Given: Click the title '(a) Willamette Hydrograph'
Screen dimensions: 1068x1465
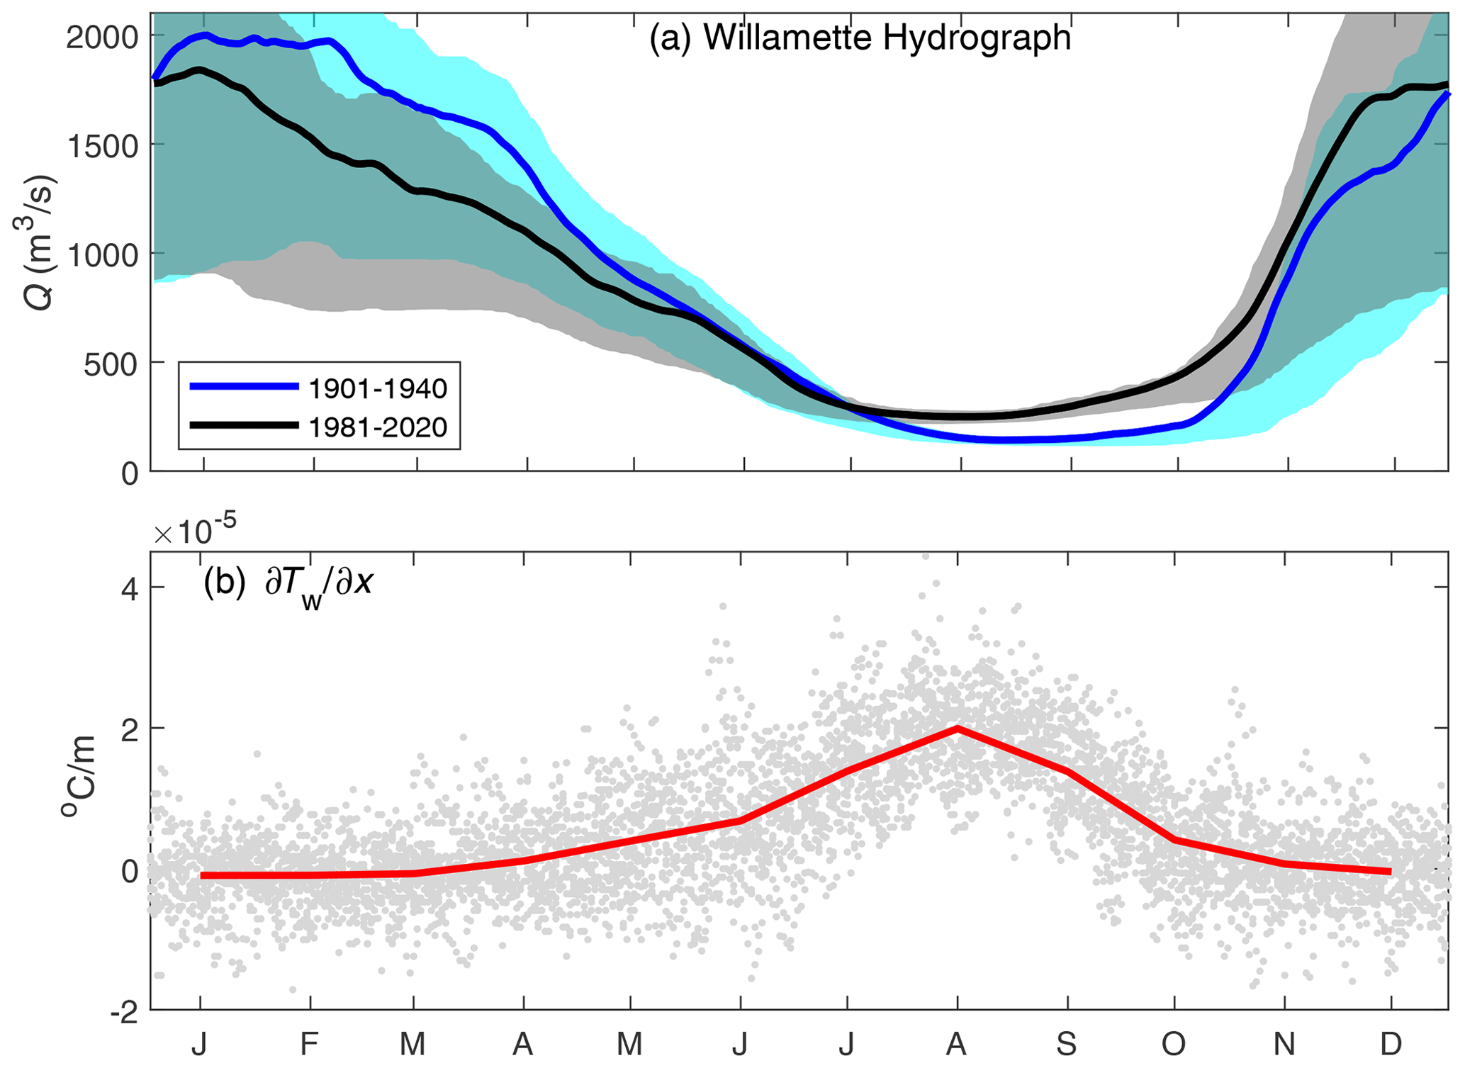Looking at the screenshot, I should tap(860, 38).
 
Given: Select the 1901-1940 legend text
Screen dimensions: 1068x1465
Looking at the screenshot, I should tap(378, 388).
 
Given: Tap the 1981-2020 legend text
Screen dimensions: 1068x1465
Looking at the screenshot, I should tap(378, 427).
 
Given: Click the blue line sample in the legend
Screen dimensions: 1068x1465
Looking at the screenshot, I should tap(244, 386).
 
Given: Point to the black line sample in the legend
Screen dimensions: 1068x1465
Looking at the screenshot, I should tap(244, 425).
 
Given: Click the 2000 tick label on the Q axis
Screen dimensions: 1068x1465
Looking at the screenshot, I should tap(102, 37).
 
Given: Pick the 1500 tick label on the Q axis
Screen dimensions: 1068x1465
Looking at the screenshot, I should tap(102, 146).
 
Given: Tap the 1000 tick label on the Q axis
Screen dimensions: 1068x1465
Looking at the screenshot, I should tap(102, 255).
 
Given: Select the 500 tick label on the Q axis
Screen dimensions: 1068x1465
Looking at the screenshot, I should tap(111, 365).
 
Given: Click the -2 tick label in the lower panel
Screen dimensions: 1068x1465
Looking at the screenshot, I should tap(123, 1012).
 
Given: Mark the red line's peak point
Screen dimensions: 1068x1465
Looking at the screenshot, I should tap(958, 728).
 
